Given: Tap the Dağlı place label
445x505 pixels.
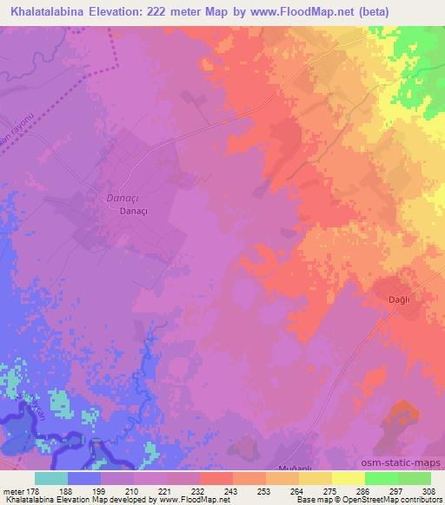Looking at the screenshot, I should [x=397, y=299].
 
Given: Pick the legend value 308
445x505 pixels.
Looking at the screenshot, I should [x=428, y=490].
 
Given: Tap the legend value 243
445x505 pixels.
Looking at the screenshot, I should [x=230, y=490].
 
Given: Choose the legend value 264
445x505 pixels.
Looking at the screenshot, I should [x=296, y=490].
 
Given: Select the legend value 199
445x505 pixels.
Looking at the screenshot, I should [x=99, y=490].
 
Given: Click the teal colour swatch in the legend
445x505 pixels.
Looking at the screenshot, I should [x=50, y=478].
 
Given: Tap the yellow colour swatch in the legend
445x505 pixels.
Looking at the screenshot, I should [x=348, y=478].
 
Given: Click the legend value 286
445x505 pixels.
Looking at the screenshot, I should [x=362, y=490].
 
